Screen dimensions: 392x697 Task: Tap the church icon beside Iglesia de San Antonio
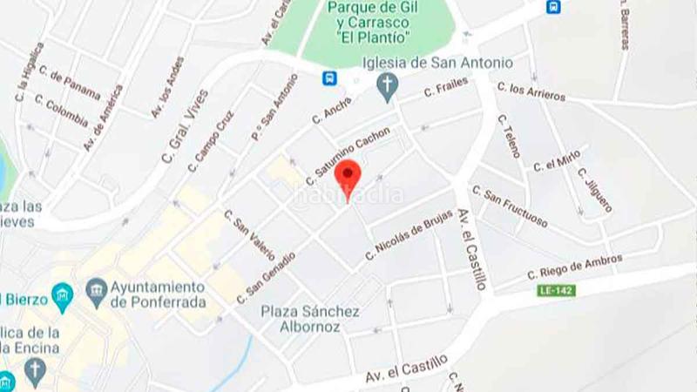[388, 84]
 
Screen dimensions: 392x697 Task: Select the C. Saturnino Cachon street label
[348, 156]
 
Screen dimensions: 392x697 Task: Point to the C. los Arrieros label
[531, 91]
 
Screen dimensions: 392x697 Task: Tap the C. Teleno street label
[510, 136]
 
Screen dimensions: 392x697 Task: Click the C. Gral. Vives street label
[186, 126]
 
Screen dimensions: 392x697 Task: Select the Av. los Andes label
[168, 88]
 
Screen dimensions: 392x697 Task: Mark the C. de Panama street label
[70, 84]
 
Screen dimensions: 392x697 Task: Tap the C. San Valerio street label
[250, 234]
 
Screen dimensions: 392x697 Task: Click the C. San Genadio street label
[266, 278]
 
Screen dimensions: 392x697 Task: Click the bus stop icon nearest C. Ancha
[329, 78]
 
